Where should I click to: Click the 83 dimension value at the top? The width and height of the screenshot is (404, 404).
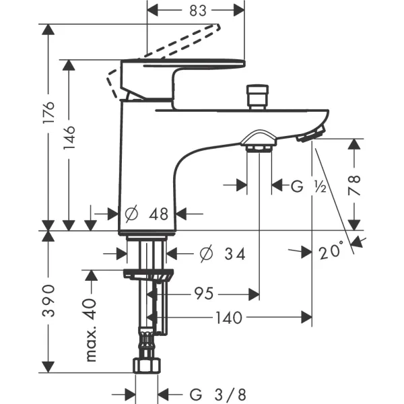coord(198,11)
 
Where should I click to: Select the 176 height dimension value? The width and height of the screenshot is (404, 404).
coord(49,112)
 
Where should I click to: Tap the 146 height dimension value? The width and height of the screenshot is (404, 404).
coord(69,138)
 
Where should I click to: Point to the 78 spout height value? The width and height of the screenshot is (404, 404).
coord(354,185)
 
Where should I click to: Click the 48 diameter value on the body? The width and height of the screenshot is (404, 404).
coord(158,214)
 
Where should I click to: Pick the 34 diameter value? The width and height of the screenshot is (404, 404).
coord(235,254)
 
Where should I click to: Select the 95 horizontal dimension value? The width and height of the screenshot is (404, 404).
coord(204,294)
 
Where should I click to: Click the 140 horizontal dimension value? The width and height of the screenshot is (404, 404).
coord(229,317)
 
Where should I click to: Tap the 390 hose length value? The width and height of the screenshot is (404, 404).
coord(48,300)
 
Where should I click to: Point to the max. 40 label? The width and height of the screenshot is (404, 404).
coord(91,330)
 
